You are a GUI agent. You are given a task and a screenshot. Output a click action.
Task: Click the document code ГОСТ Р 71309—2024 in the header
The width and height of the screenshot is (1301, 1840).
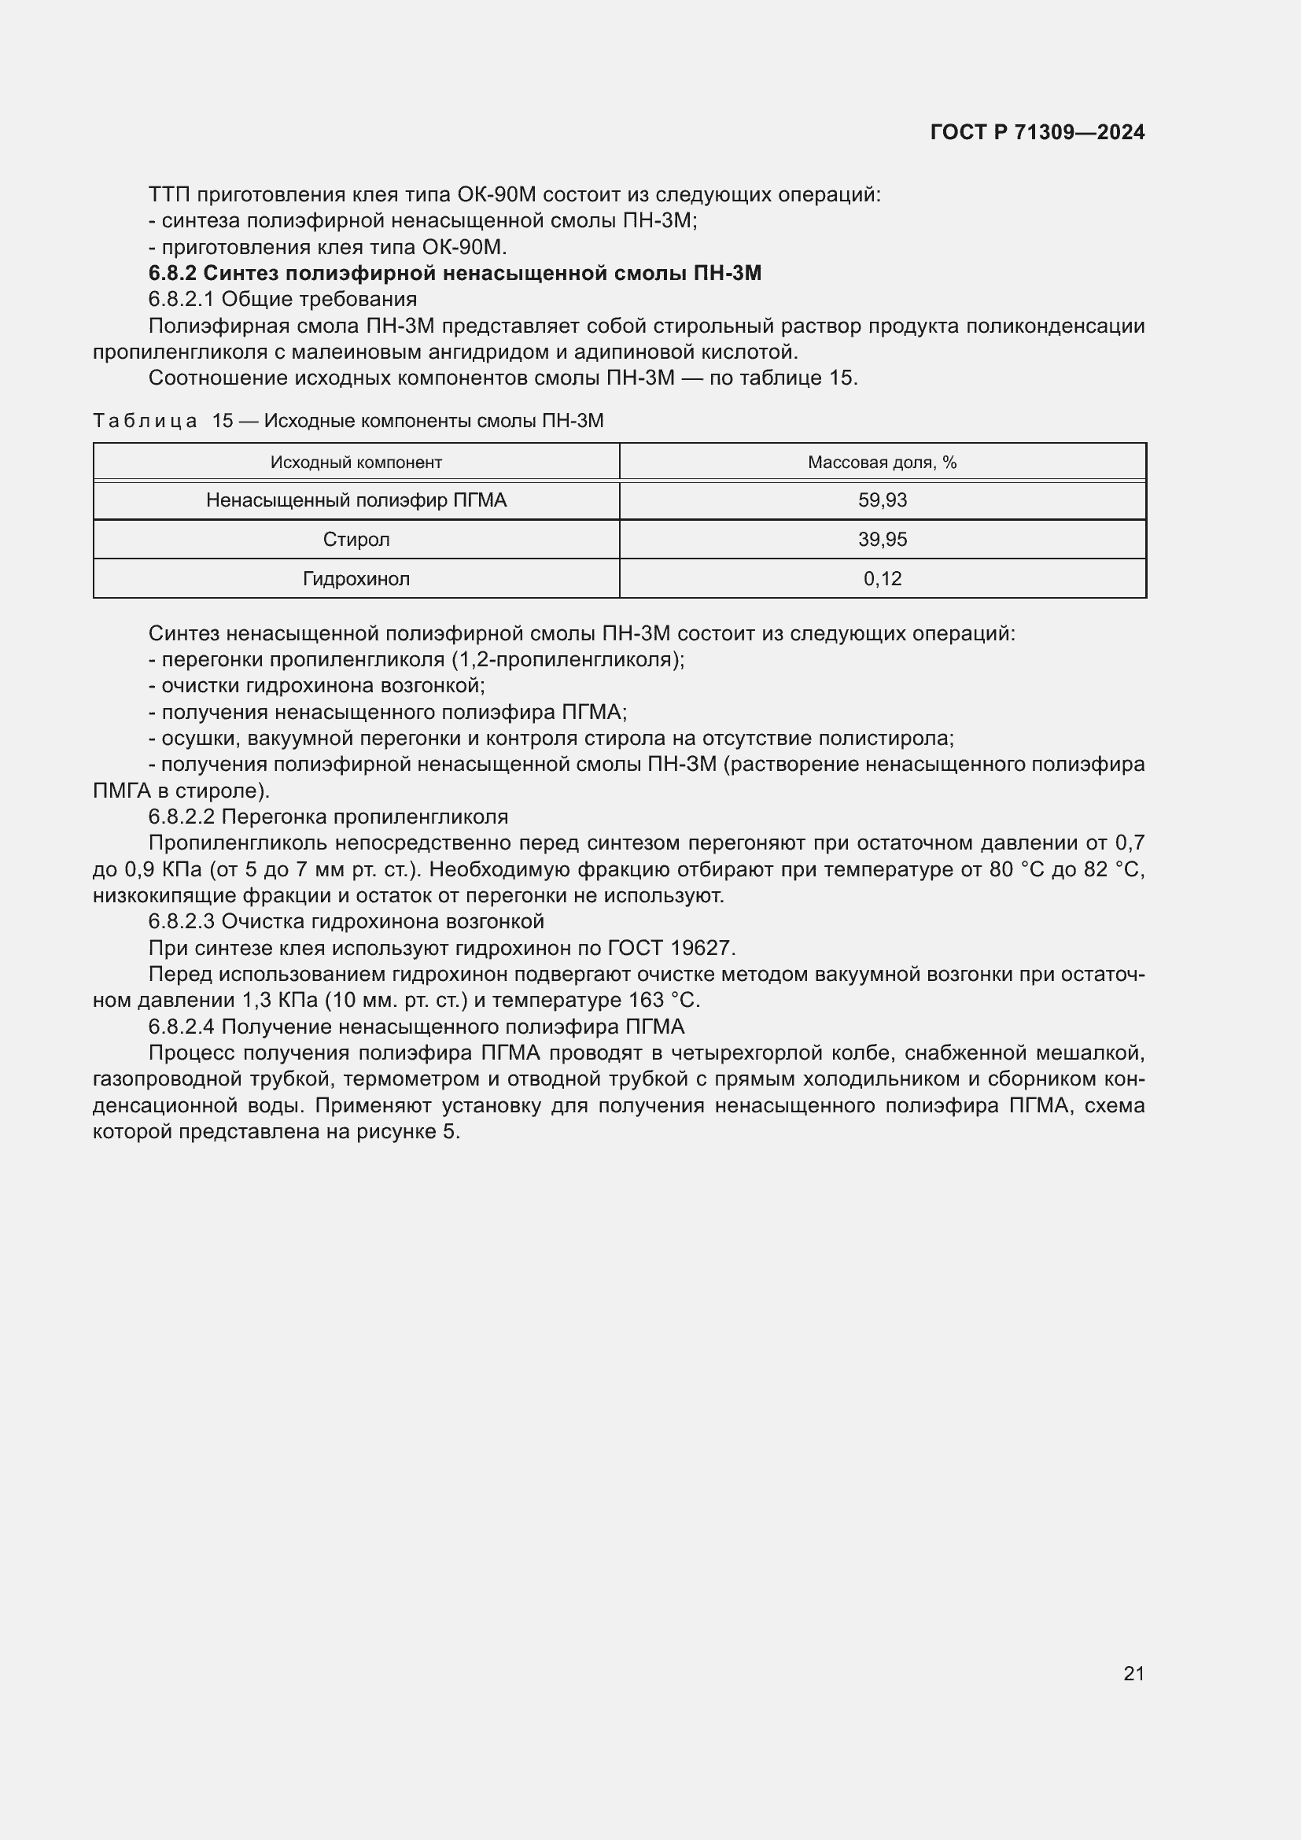[1037, 132]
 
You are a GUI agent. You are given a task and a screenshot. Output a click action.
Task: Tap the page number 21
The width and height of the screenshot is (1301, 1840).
[1133, 1673]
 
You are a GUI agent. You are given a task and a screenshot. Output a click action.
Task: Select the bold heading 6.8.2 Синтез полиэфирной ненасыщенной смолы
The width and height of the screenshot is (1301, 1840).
[454, 273]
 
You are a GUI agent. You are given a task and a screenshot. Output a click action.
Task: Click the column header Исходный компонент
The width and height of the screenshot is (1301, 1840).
[356, 463]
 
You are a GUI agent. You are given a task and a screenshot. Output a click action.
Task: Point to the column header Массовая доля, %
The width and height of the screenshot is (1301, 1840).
[882, 463]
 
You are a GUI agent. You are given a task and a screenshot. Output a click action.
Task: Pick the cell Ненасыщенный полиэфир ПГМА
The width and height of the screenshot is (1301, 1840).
[356, 500]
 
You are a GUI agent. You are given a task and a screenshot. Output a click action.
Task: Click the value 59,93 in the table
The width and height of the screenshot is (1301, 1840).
[882, 500]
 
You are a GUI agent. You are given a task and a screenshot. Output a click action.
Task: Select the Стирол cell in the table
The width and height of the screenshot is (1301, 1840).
[356, 540]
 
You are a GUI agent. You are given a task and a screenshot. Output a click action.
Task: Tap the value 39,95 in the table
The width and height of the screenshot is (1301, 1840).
[882, 540]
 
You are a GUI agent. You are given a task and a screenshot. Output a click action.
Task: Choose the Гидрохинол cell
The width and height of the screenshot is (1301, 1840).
[356, 579]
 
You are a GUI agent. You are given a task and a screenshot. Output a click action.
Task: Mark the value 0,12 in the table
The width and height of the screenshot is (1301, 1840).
[882, 579]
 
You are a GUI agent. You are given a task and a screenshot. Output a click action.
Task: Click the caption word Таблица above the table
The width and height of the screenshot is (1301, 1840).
[145, 421]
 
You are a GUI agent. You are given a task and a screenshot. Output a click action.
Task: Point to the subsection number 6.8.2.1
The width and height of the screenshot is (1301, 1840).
[182, 300]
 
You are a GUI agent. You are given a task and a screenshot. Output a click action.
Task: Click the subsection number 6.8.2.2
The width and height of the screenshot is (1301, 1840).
[182, 817]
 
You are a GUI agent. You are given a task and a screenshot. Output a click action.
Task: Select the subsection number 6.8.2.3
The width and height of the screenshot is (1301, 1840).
[182, 922]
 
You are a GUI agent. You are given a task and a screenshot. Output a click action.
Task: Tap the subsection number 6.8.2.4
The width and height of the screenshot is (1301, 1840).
[182, 1027]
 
